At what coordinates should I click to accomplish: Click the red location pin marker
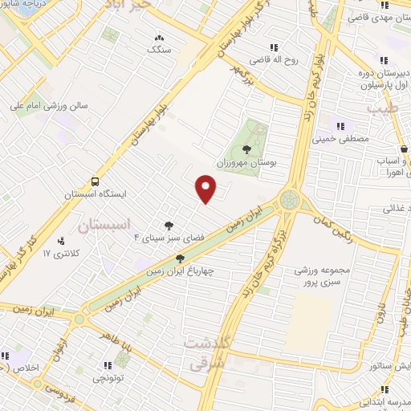pyautogui.click(x=206, y=189)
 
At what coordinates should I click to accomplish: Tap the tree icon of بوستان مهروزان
pyautogui.click(x=246, y=149)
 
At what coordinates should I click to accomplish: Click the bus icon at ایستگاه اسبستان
pyautogui.click(x=96, y=181)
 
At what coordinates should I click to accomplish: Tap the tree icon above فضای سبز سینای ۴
pyautogui.click(x=169, y=226)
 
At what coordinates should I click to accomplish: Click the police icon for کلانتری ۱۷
pyautogui.click(x=61, y=241)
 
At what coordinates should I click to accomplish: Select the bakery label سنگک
pyautogui.click(x=158, y=49)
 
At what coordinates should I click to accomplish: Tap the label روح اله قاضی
pyautogui.click(x=272, y=59)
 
